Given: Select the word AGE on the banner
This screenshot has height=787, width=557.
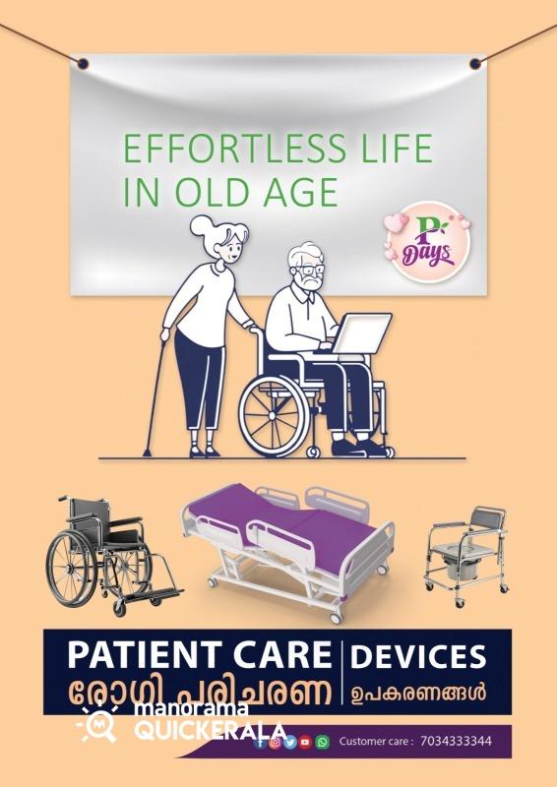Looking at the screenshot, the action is click(299, 192).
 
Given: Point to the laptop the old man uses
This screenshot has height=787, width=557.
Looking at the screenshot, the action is click(361, 333).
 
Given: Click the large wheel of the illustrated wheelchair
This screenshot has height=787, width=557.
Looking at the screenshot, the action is click(275, 416).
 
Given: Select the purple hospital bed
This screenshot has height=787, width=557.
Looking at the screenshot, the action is click(287, 551).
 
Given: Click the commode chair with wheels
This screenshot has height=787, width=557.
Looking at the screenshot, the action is click(466, 555).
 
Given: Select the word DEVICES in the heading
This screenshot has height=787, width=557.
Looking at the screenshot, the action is click(418, 656).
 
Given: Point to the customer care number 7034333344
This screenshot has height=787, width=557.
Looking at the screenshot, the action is click(456, 741).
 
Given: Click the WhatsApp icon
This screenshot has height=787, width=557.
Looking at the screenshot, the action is click(323, 742).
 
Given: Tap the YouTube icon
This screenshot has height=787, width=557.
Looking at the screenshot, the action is click(305, 742).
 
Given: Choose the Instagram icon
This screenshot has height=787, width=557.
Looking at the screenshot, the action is click(275, 742).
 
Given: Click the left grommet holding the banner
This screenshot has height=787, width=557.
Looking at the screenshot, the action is click(83, 64).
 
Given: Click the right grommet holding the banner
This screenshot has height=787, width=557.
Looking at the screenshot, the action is click(475, 64).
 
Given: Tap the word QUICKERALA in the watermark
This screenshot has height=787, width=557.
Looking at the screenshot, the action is click(210, 731).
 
